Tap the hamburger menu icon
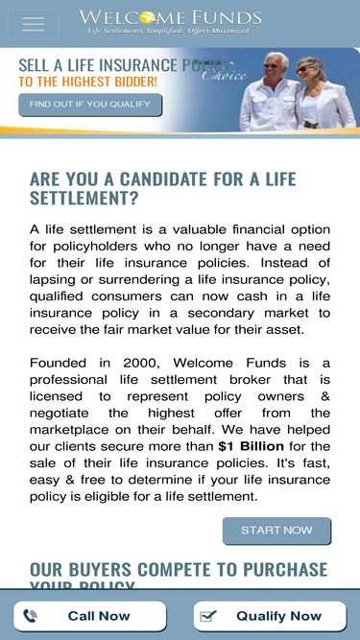[x=33, y=24]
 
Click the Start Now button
[x=276, y=530]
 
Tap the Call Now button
[x=89, y=616]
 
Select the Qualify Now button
[x=270, y=616]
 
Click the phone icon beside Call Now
[x=31, y=616]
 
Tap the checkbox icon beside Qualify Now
[x=209, y=616]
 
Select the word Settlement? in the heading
[x=84, y=200]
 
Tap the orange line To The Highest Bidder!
[x=87, y=82]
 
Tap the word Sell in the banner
[x=36, y=65]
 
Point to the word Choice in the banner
[x=223, y=77]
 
